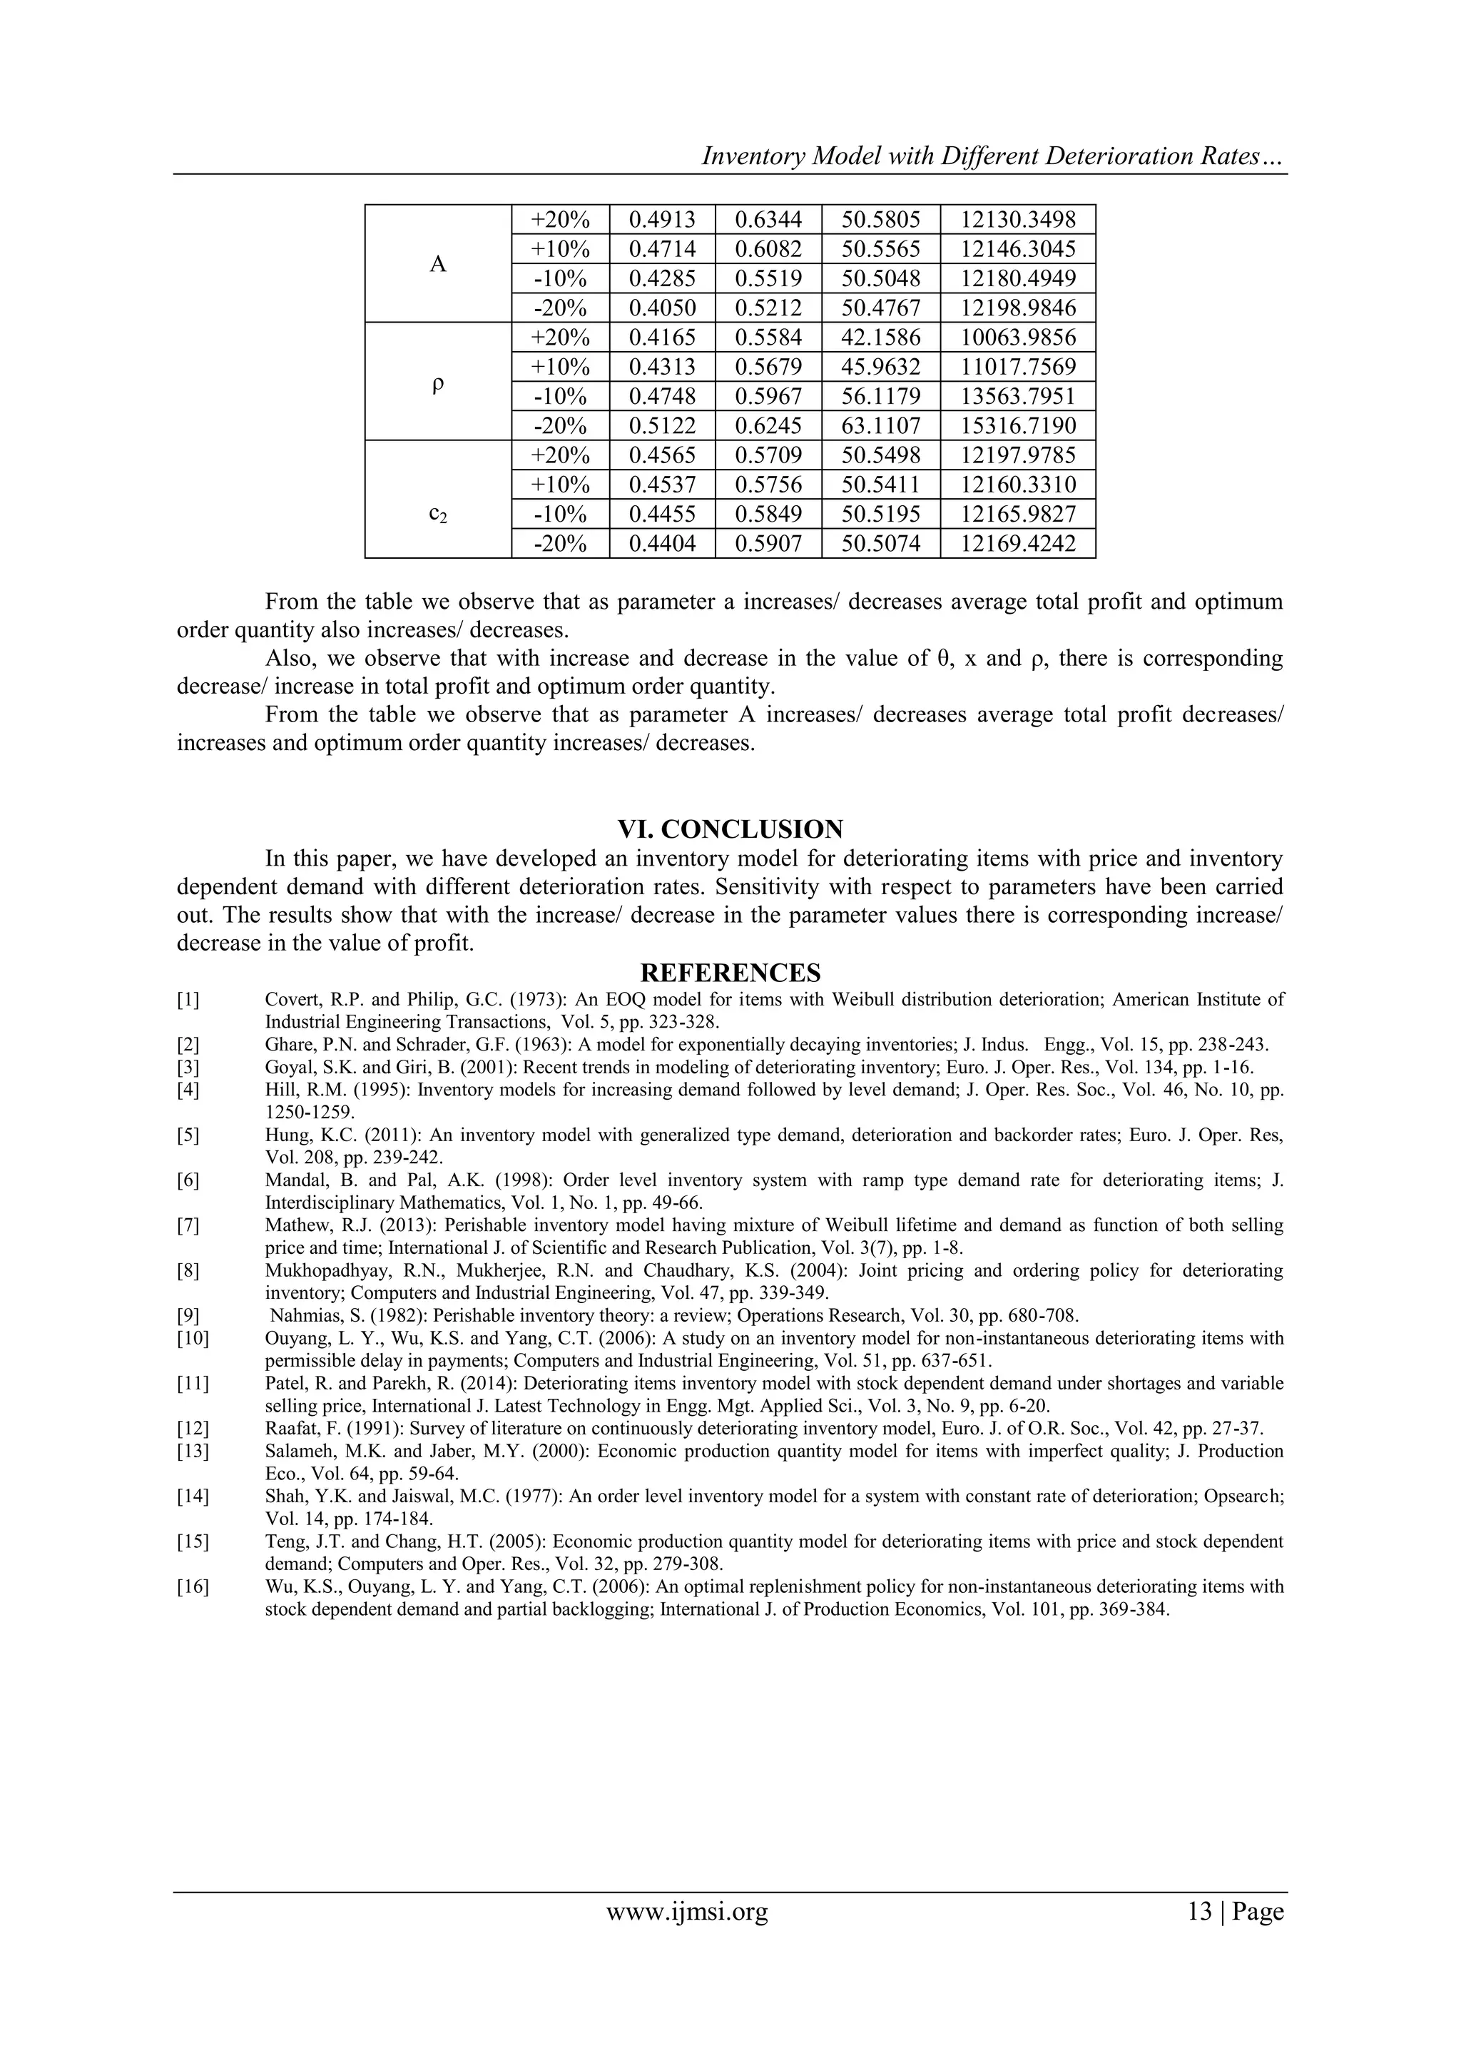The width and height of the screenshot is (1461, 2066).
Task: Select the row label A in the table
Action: [x=438, y=263]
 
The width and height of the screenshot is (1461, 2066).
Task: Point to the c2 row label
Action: [x=438, y=514]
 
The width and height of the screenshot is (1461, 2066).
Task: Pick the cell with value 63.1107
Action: [x=881, y=425]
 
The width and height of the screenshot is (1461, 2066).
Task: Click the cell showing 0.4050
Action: [x=662, y=308]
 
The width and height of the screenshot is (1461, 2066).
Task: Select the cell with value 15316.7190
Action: [x=1017, y=425]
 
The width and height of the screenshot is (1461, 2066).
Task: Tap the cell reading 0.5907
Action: [x=768, y=544]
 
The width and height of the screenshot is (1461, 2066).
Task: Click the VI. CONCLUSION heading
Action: [x=730, y=829]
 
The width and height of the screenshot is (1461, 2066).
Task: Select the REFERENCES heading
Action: [x=730, y=973]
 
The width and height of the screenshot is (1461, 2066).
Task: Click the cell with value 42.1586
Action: [x=881, y=338]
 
